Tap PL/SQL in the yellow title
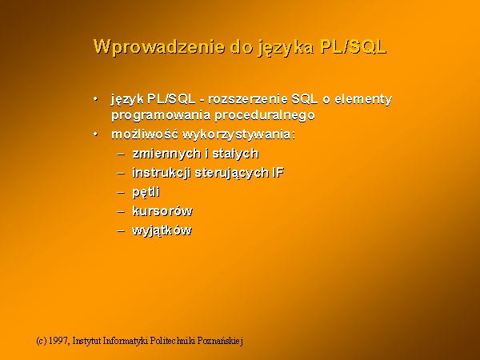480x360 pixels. click(x=353, y=47)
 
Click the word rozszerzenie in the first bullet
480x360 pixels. click(x=248, y=99)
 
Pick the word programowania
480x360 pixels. click(x=161, y=116)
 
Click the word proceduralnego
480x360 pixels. click(x=265, y=116)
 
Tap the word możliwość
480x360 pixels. click(x=145, y=134)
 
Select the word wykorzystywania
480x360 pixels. click(x=238, y=134)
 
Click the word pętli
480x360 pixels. click(x=146, y=192)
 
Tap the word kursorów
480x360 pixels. click(x=162, y=211)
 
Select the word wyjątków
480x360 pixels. click(x=162, y=230)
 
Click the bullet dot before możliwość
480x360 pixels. click(x=96, y=134)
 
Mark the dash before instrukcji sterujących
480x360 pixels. click(x=121, y=173)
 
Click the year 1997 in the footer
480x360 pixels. click(x=59, y=341)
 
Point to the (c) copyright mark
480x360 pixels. click(x=42, y=341)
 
